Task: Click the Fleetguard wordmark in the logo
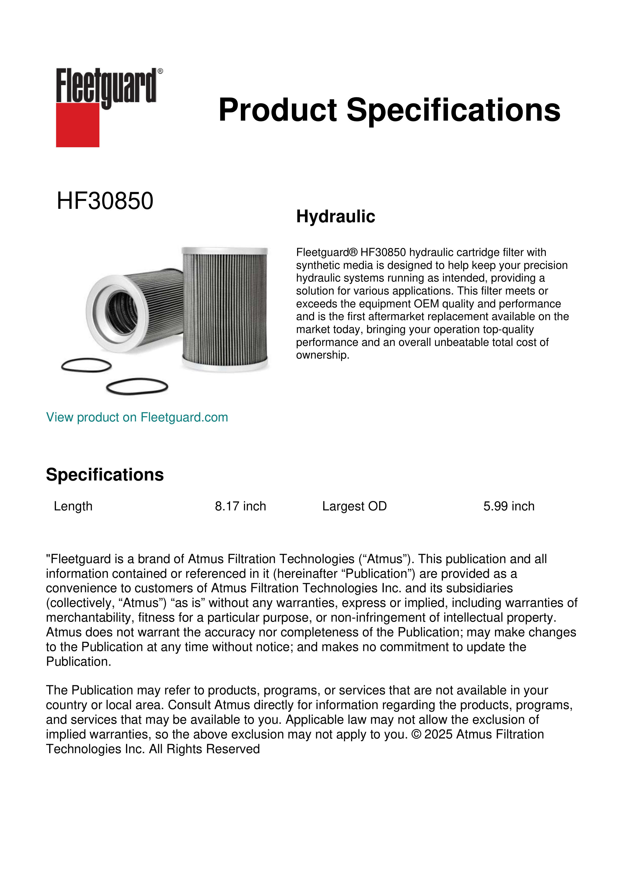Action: (x=106, y=86)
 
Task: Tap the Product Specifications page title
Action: (x=389, y=110)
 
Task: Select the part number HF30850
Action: (x=105, y=201)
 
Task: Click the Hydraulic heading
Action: (x=335, y=216)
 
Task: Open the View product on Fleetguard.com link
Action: (x=137, y=417)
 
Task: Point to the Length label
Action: (x=73, y=506)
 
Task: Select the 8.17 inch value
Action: (x=241, y=506)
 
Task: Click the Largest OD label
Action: (x=354, y=506)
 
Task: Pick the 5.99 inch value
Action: (x=509, y=506)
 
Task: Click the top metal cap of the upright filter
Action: (x=225, y=251)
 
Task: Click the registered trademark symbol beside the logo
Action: (x=160, y=71)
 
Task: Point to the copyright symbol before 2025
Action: (x=416, y=734)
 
